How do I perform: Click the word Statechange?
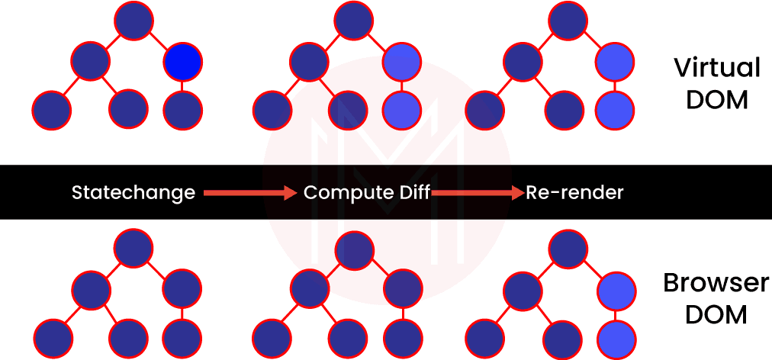[x=133, y=193]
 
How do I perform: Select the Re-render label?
[x=574, y=193]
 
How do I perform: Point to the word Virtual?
[x=717, y=69]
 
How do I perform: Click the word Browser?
[x=716, y=284]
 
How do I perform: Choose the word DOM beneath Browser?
[x=716, y=314]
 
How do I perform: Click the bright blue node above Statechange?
[x=182, y=61]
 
